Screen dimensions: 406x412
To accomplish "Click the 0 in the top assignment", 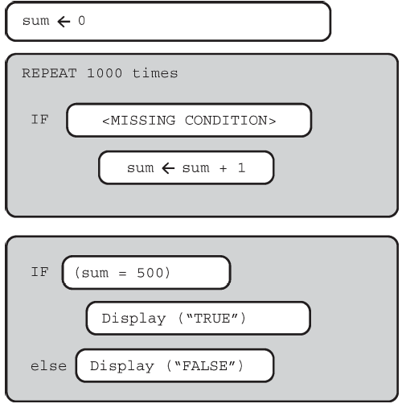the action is pyautogui.click(x=82, y=21).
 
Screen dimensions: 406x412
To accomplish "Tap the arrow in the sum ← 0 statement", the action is pyautogui.click(x=64, y=22).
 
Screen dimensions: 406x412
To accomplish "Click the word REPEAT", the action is pyautogui.click(x=49, y=73).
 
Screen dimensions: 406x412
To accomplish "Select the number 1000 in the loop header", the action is pyautogui.click(x=105, y=73).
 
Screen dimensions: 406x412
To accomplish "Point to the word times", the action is pyautogui.click(x=155, y=73).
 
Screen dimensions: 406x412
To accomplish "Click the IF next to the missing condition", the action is pyautogui.click(x=40, y=119).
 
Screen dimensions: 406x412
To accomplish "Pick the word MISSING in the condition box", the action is pyautogui.click(x=143, y=121).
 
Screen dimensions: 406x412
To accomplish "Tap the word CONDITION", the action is pyautogui.click(x=226, y=121).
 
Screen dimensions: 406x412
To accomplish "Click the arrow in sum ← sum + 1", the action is pyautogui.click(x=168, y=168).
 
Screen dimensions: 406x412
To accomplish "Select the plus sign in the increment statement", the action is pyautogui.click(x=223, y=168).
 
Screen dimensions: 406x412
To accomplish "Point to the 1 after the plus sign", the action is pyautogui.click(x=241, y=167).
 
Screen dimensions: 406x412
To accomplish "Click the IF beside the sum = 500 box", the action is pyautogui.click(x=40, y=272).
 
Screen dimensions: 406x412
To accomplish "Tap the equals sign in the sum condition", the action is pyautogui.click(x=122, y=274).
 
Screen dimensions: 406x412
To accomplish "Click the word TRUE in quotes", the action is pyautogui.click(x=212, y=319).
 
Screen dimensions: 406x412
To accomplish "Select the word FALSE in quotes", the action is pyautogui.click(x=205, y=366).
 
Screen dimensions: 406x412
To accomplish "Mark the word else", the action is pyautogui.click(x=48, y=366).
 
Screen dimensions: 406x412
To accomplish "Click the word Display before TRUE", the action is pyautogui.click(x=133, y=319).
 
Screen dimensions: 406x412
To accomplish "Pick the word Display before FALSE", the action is pyautogui.click(x=122, y=366).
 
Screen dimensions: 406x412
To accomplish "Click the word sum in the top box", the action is pyautogui.click(x=36, y=21).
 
